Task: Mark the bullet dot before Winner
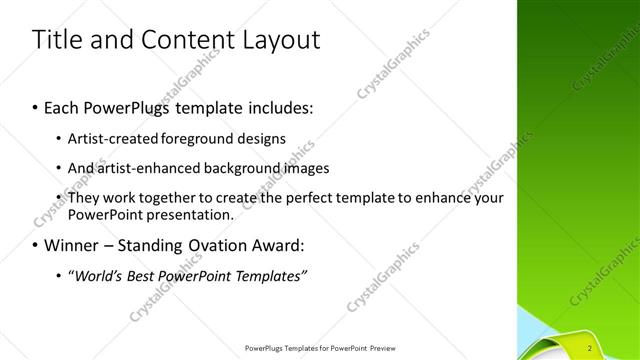[x=36, y=244]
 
